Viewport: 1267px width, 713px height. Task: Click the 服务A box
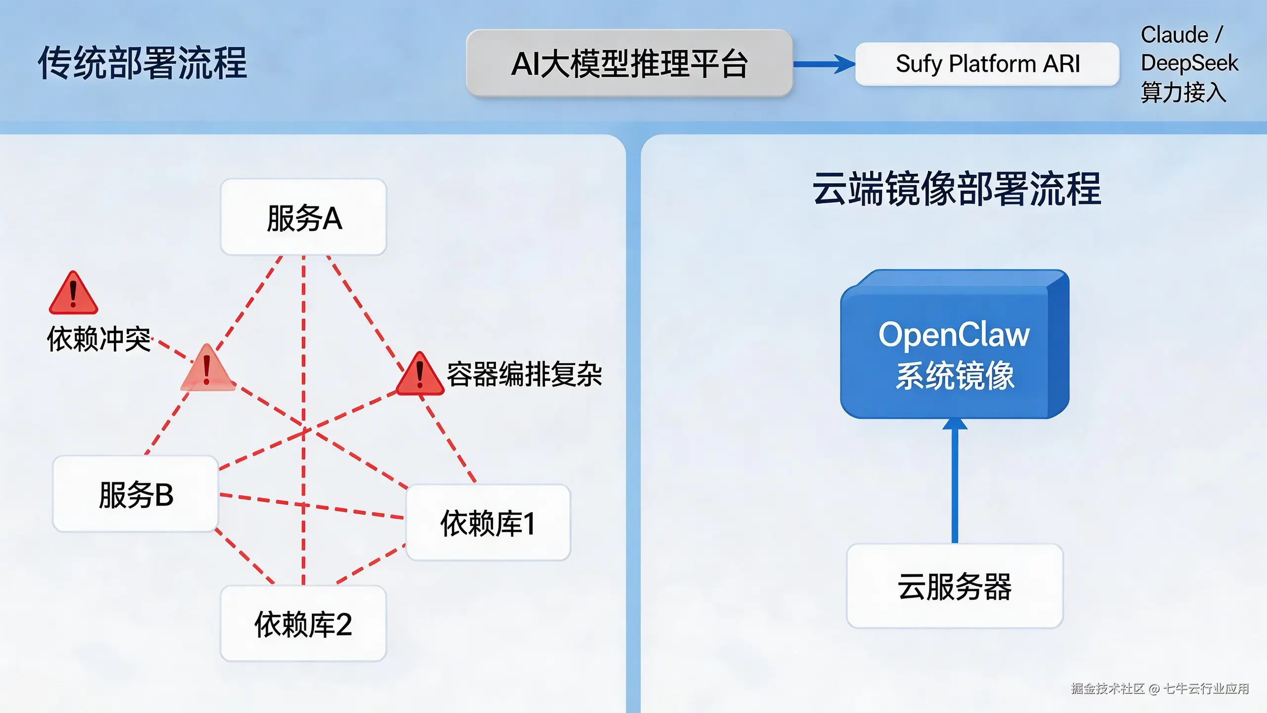coord(303,217)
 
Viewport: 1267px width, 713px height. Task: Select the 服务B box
coord(136,494)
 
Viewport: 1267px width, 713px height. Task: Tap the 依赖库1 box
coord(488,523)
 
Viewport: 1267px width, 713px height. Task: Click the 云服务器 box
coord(955,586)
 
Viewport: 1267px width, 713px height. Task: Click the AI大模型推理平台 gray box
coord(629,63)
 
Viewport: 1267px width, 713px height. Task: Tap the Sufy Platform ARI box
coord(987,64)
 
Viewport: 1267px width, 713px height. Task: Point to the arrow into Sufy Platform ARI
coord(824,64)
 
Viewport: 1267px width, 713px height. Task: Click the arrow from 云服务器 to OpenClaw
coord(955,480)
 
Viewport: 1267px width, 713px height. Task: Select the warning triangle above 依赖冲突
coord(73,294)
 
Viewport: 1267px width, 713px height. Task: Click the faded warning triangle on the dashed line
coord(207,369)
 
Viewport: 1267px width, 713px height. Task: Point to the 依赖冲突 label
coord(99,339)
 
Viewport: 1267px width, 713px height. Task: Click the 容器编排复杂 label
coord(524,374)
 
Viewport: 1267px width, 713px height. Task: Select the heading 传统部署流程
coord(143,63)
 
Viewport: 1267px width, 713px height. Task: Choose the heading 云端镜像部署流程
coord(956,189)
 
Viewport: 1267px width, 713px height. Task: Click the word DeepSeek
coord(1189,63)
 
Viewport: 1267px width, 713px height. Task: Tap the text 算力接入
coord(1183,92)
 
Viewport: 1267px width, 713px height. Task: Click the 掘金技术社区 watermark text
coord(1108,689)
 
